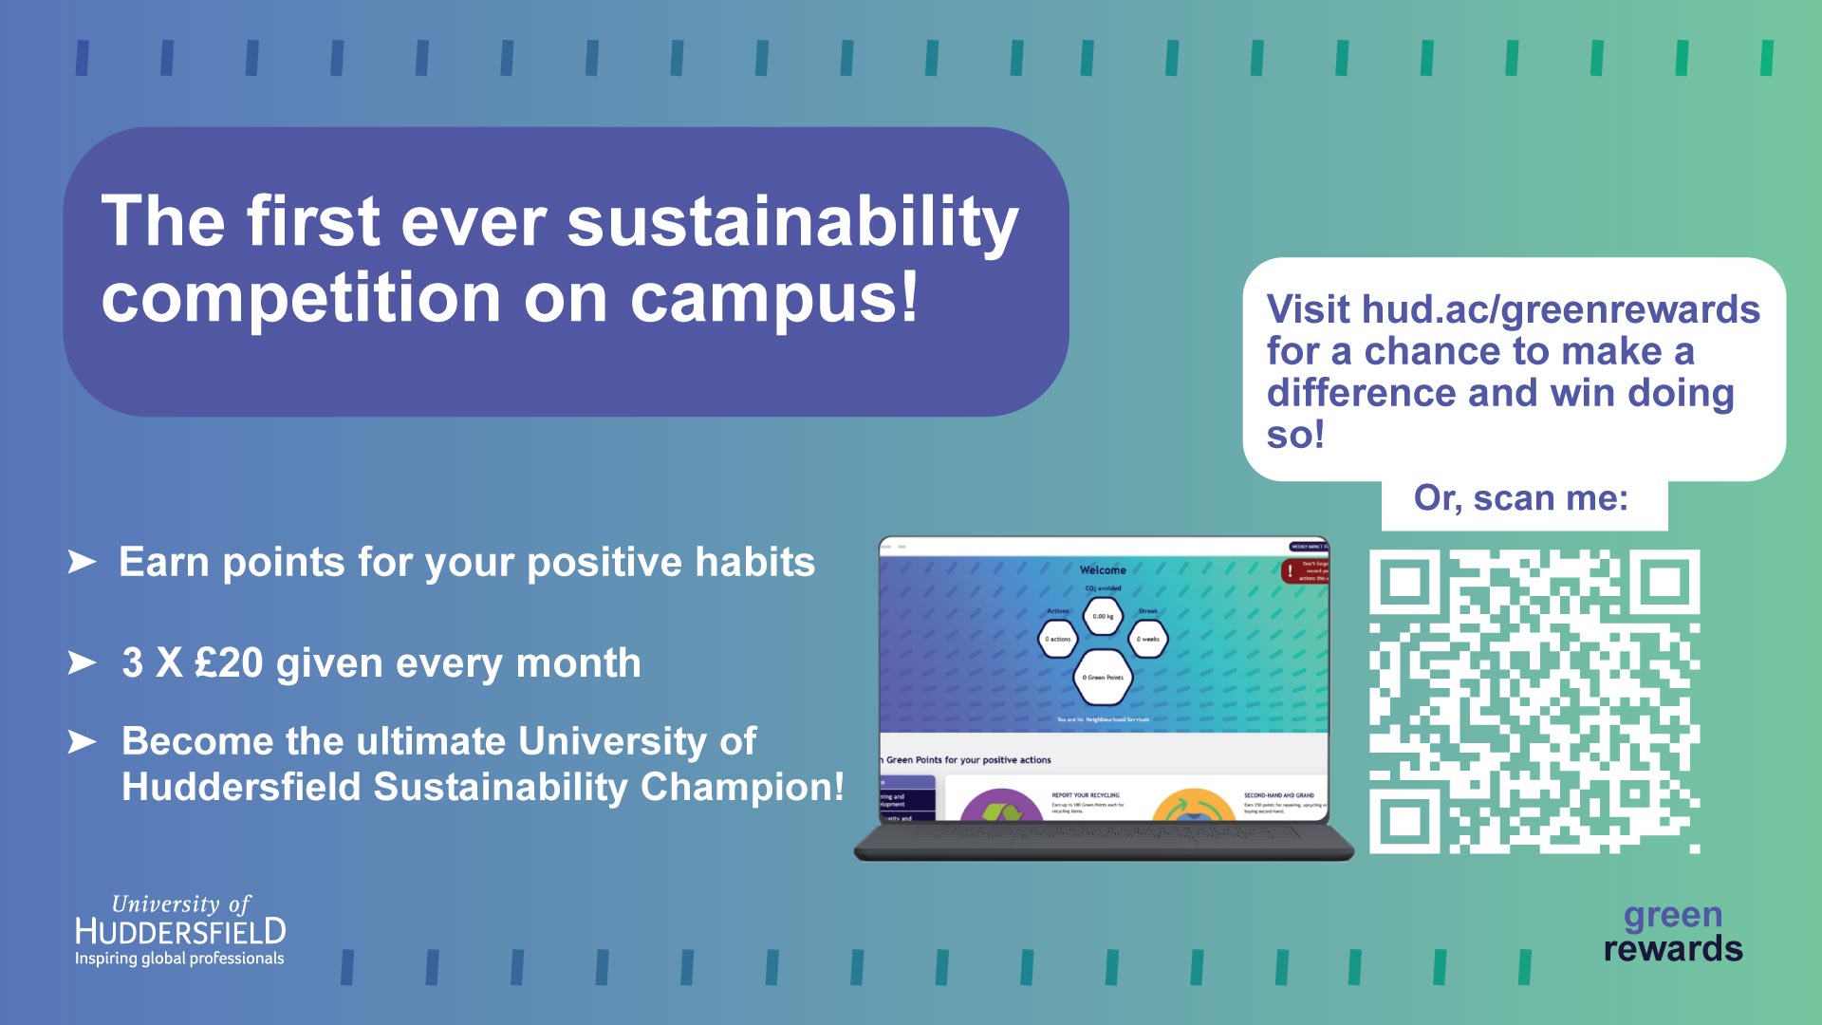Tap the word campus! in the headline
point(774,298)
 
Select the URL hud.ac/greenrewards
point(1560,310)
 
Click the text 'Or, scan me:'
point(1521,498)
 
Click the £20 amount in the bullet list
point(228,663)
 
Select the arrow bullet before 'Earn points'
point(82,562)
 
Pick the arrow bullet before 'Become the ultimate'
point(82,741)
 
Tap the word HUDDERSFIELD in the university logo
point(180,931)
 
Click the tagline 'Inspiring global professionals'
point(179,959)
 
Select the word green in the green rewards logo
point(1672,915)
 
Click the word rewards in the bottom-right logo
point(1672,949)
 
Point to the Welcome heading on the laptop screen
point(1103,570)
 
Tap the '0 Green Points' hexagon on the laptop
point(1103,678)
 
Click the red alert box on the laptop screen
point(1306,570)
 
